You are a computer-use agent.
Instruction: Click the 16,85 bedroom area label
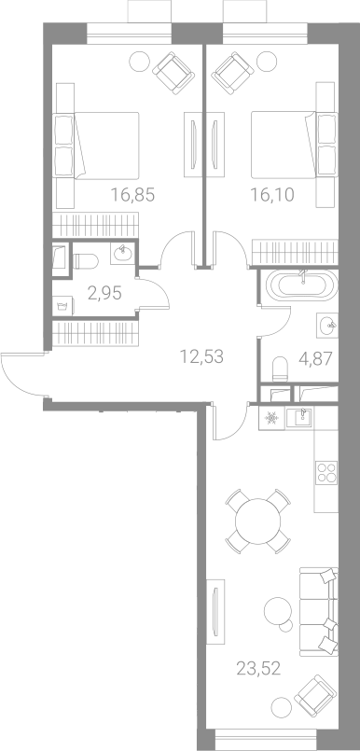click(132, 195)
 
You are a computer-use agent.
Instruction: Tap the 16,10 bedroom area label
click(272, 195)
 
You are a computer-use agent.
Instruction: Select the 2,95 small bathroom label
click(104, 292)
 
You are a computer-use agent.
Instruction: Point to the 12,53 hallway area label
click(201, 356)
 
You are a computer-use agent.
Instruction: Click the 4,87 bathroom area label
click(314, 358)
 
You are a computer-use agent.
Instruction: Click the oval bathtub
click(302, 285)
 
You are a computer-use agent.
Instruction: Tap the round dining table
click(258, 522)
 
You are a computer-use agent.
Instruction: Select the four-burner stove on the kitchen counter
click(326, 472)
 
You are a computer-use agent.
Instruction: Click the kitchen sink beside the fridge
click(299, 418)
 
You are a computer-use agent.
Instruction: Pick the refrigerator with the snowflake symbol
click(272, 418)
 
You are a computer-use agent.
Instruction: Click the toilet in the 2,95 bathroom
click(86, 261)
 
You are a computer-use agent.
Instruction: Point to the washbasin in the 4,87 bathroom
click(327, 326)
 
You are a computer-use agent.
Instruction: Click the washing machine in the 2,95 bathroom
click(63, 306)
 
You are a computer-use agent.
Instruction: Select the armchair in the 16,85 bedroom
click(173, 73)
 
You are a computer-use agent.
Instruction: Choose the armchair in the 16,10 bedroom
click(232, 73)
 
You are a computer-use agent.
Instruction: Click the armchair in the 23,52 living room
click(316, 696)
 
